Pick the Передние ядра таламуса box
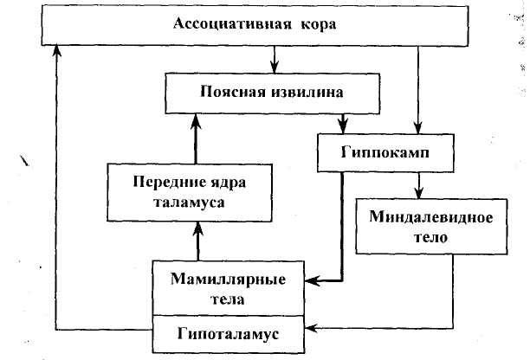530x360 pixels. (x=179, y=191)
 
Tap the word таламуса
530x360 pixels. (x=179, y=202)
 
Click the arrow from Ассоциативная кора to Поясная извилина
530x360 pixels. (x=274, y=61)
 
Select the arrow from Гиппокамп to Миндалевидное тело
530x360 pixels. (x=419, y=184)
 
